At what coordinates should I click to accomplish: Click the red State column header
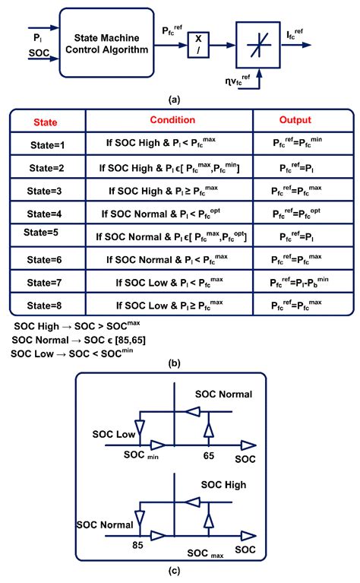(x=46, y=122)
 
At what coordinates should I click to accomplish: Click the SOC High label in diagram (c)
(x=225, y=484)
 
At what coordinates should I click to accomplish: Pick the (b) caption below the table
(x=179, y=363)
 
